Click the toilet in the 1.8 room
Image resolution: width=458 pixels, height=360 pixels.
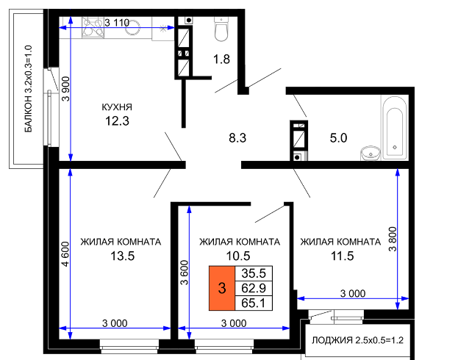pos(221,29)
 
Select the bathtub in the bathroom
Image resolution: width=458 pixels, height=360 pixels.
pos(395,128)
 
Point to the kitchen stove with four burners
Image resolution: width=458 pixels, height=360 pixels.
pos(93,28)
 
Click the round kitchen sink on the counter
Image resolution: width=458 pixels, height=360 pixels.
pos(132,28)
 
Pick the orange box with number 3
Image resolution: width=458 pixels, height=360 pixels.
pos(222,288)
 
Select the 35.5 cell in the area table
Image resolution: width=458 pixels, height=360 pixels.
pos(254,273)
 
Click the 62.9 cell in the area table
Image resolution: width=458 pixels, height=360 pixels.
pos(254,289)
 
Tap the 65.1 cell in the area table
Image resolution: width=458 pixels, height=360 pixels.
pos(254,303)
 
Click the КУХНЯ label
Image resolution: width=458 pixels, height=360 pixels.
pos(117,107)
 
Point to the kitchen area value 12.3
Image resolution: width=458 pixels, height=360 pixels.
pos(117,121)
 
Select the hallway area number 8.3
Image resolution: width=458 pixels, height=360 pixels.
pos(237,138)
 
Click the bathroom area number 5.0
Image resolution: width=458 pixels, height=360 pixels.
pos(338,138)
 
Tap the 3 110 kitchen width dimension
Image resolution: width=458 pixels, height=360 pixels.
pos(117,23)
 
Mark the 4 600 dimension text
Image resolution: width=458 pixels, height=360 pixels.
pos(65,254)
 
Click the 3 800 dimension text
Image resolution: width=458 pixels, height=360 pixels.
pos(393,239)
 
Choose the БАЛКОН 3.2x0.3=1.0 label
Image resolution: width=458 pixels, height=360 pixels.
pos(29,89)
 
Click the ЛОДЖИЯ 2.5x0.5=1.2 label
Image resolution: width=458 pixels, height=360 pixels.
pos(358,340)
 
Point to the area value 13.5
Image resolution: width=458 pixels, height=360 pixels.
pos(122,256)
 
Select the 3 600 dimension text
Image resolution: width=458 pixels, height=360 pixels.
pos(185,273)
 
